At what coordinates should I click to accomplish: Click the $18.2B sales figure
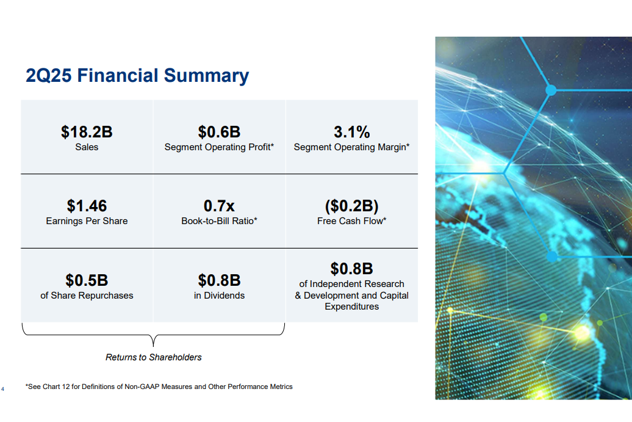point(87,132)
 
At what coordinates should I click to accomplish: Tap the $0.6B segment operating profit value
point(219,132)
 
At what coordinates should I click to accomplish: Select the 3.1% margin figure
point(351,132)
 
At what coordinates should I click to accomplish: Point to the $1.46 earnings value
point(87,206)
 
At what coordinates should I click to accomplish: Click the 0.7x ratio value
point(219,206)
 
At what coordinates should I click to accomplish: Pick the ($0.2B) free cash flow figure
point(351,206)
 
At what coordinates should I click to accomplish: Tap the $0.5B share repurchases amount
point(87,280)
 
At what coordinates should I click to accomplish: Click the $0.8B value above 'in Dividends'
point(219,280)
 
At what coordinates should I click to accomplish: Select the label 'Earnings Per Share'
point(87,221)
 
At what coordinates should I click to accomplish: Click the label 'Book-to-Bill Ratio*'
point(219,221)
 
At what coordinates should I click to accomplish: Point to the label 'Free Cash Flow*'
point(351,221)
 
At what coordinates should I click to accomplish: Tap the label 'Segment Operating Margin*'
point(351,147)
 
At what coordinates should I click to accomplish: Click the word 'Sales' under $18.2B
point(87,147)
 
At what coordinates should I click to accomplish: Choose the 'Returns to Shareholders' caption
point(154,357)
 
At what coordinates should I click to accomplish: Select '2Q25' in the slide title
point(49,76)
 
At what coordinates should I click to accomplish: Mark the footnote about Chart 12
point(159,387)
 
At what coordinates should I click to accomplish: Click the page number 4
point(3,389)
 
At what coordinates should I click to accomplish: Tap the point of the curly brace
point(153,346)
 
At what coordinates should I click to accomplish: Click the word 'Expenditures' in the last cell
point(351,307)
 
